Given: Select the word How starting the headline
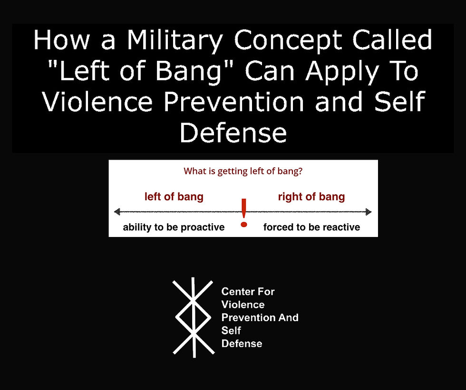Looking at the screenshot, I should click(61, 42).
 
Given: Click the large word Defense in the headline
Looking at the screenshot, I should click(233, 133).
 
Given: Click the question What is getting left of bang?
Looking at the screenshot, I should click(243, 171).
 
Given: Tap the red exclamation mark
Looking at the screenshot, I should click(244, 212).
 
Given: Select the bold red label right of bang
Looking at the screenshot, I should click(311, 197).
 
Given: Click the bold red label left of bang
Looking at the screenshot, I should click(174, 197).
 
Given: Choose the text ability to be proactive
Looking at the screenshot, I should click(174, 227).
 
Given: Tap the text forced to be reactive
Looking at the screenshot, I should click(311, 227).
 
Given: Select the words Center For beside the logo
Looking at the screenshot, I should click(248, 292).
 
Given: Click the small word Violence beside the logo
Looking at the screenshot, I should click(243, 304).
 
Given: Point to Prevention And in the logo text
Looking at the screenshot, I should click(260, 317).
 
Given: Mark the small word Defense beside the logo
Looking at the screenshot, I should click(242, 343).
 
